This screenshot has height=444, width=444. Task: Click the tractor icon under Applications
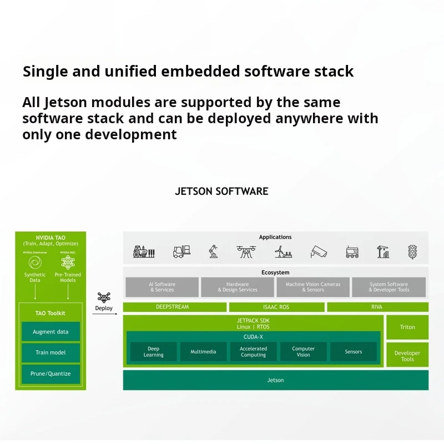pyautogui.click(x=143, y=252)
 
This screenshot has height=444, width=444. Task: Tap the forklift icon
pyautogui.click(x=181, y=252)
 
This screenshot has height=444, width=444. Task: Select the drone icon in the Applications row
pyautogui.click(x=246, y=252)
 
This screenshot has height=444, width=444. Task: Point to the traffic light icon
pyautogui.click(x=412, y=252)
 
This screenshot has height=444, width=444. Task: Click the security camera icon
pyautogui.click(x=319, y=252)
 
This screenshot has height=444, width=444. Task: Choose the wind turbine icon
pyautogui.click(x=283, y=252)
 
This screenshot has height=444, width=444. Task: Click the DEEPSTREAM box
pyautogui.click(x=174, y=307)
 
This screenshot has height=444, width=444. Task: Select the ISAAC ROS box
pyautogui.click(x=276, y=307)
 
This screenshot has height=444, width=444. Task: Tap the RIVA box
pyautogui.click(x=377, y=307)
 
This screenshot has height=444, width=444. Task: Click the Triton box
pyautogui.click(x=407, y=327)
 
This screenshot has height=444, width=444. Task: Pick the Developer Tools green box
pyautogui.click(x=407, y=356)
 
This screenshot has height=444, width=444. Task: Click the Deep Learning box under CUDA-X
pyautogui.click(x=154, y=352)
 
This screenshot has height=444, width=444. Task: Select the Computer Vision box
pyautogui.click(x=304, y=352)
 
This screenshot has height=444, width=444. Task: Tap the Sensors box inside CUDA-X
pyautogui.click(x=354, y=352)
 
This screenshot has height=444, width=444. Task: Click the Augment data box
pyautogui.click(x=51, y=332)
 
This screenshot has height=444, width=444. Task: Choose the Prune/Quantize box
pyautogui.click(x=51, y=374)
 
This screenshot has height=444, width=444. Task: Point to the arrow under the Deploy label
pyautogui.click(x=104, y=315)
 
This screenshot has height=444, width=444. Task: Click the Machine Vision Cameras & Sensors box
pyautogui.click(x=313, y=287)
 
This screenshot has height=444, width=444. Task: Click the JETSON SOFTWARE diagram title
pyautogui.click(x=221, y=191)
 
